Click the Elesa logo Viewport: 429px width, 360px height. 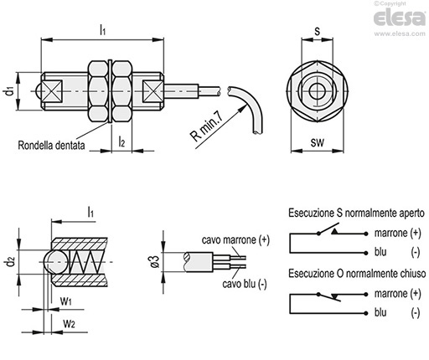tap(399, 18)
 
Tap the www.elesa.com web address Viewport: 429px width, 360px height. tap(400, 33)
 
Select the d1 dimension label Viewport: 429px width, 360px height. tap(9, 91)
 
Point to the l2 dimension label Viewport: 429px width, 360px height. tap(121, 141)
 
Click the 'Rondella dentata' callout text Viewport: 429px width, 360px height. tap(51, 145)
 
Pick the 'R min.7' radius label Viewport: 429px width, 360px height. tap(207, 126)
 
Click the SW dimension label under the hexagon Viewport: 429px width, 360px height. tap(318, 142)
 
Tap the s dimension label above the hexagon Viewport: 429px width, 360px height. tap(317, 31)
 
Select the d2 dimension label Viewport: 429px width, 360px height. tap(10, 262)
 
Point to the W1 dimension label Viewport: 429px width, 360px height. tap(66, 301)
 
